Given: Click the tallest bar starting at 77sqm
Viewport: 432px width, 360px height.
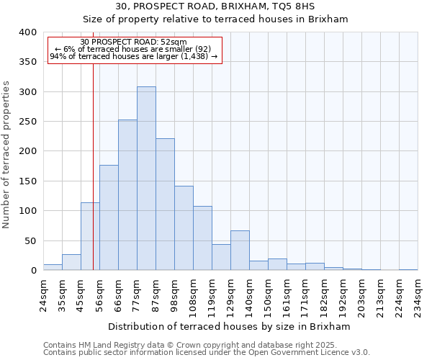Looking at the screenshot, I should pos(146,179).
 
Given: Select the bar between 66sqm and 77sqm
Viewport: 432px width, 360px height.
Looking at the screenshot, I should pos(127,195).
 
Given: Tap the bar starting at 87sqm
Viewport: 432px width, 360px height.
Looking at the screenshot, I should pos(165,204).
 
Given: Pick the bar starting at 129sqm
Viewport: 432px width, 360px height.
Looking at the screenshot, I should pos(240,251).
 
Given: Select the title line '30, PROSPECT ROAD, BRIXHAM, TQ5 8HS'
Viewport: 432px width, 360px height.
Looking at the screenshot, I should pos(215,6).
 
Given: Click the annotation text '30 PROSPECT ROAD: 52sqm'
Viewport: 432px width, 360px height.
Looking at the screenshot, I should pos(133,42).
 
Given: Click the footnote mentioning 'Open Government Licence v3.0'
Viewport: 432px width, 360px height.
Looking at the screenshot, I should pos(207,353).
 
